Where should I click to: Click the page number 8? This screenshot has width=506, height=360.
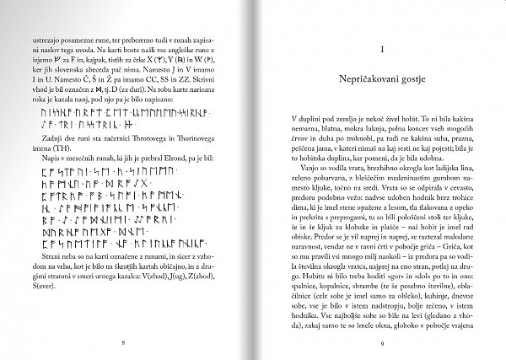pos(124,342)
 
